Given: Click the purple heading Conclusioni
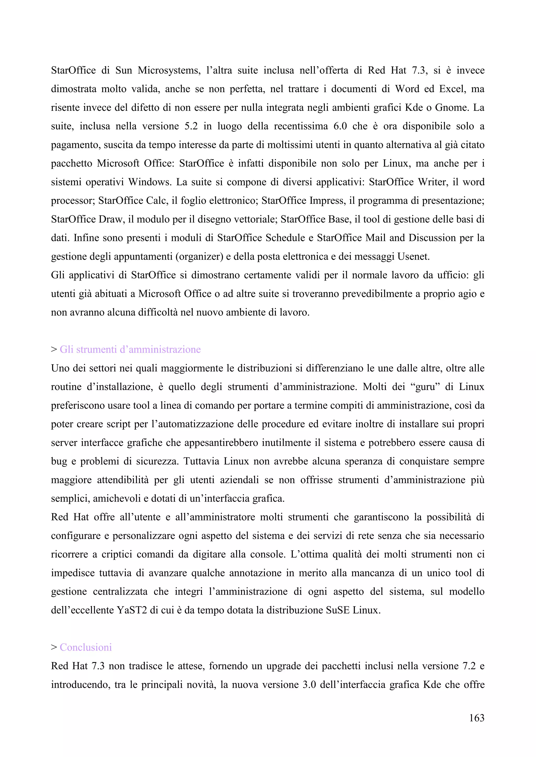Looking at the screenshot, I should coord(86,647).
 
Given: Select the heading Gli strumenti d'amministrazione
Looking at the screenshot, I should coord(130,349).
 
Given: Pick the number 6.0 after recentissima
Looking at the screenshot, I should coord(340,126).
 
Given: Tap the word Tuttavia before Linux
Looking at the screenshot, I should coord(201,461).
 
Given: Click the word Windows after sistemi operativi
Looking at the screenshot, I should coord(149,182).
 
